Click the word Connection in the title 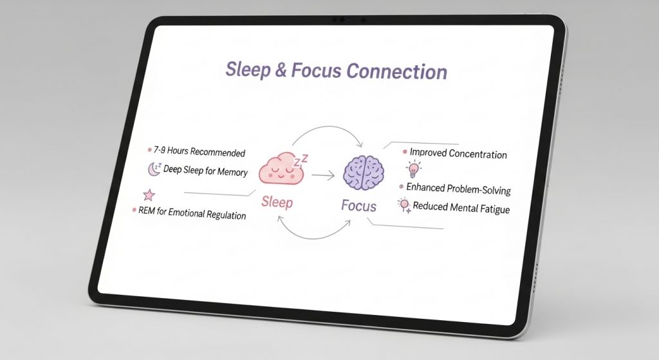(x=396, y=71)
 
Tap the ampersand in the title (x=281, y=70)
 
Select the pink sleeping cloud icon (x=281, y=169)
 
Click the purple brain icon (x=364, y=173)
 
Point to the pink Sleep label (x=277, y=202)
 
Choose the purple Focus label (x=358, y=205)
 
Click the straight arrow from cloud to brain (x=323, y=175)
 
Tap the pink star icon (x=149, y=195)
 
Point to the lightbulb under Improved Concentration (x=414, y=169)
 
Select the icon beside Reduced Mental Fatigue (x=404, y=205)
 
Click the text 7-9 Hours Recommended (x=200, y=151)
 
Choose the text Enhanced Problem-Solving (x=458, y=189)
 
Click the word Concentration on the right (x=478, y=154)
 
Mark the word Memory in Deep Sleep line (x=232, y=172)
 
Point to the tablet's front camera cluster (x=348, y=20)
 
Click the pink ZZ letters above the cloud (x=301, y=160)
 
